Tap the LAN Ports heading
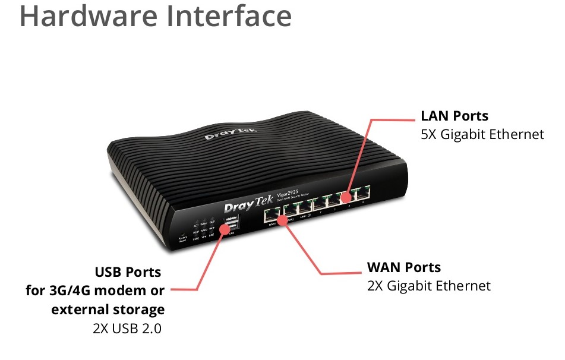[x=454, y=115]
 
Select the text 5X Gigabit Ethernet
[x=482, y=134]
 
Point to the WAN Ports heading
[x=404, y=267]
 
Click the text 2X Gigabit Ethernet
[x=429, y=286]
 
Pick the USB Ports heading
[x=128, y=272]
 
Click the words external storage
[x=108, y=310]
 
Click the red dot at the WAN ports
[x=283, y=220]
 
